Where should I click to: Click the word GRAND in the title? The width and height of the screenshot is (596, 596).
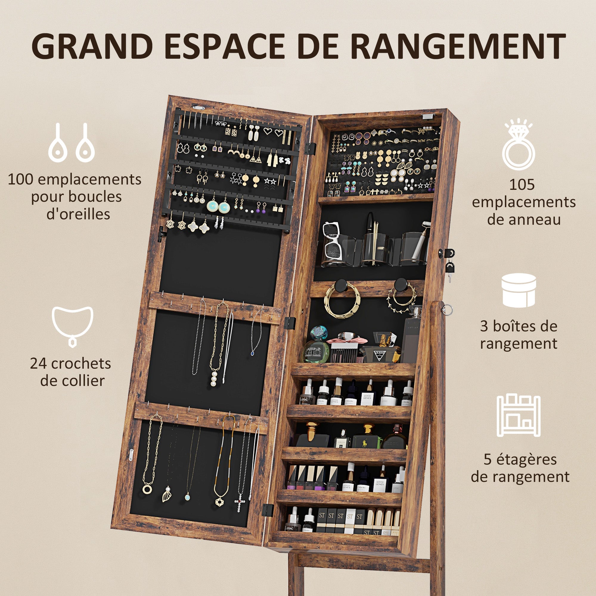[92, 46]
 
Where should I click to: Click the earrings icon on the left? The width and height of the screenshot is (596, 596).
[71, 143]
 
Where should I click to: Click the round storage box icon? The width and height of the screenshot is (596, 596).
[519, 290]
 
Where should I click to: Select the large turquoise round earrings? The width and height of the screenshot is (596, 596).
[218, 207]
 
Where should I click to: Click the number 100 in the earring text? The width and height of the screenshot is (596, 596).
[19, 179]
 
